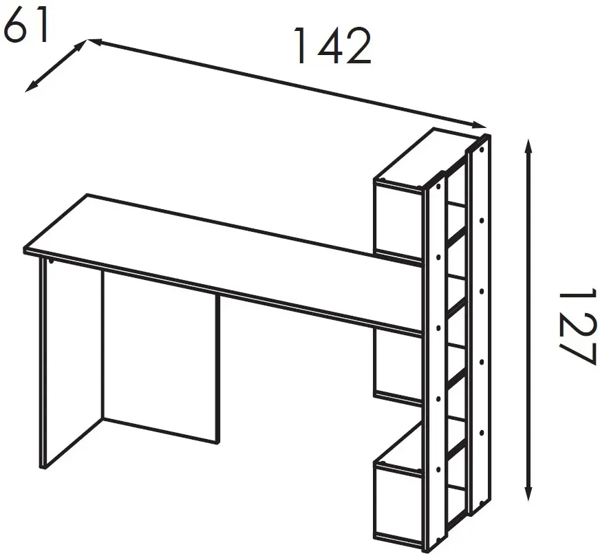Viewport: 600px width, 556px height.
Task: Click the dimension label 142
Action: (x=332, y=45)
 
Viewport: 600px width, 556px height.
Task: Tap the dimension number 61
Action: (x=25, y=25)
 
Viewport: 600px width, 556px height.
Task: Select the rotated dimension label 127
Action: (x=578, y=326)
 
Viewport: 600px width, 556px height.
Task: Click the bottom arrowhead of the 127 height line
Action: (x=528, y=493)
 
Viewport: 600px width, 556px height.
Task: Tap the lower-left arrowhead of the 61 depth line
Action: (x=30, y=87)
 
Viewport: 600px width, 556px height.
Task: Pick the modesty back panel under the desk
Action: (x=161, y=356)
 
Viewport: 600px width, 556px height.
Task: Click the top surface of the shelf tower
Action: (x=425, y=158)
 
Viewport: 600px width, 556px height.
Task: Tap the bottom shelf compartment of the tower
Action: (x=398, y=505)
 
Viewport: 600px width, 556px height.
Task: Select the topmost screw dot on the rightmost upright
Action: (x=482, y=149)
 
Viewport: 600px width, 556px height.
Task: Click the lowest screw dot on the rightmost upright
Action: (x=482, y=498)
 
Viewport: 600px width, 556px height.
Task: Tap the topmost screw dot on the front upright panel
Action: (x=438, y=186)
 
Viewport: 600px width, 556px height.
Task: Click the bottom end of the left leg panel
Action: (x=43, y=468)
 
